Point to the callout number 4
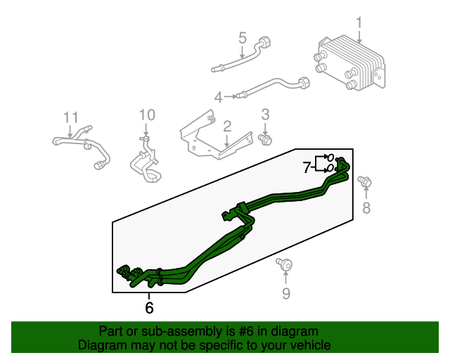click(x=219, y=96)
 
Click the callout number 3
click(x=266, y=114)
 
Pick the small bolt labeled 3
click(x=266, y=139)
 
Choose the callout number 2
click(x=227, y=127)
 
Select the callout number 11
click(x=70, y=116)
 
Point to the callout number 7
click(x=307, y=167)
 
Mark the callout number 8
click(x=366, y=207)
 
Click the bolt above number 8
click(x=364, y=182)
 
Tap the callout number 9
click(x=286, y=294)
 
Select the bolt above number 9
click(x=284, y=264)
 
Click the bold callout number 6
click(x=149, y=307)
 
